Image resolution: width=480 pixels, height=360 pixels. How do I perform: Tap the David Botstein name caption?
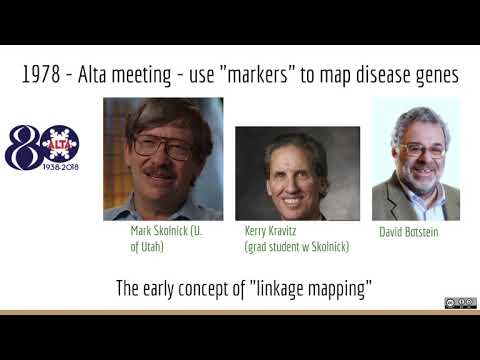click(408, 232)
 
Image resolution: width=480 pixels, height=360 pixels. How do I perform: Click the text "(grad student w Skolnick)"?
click(296, 246)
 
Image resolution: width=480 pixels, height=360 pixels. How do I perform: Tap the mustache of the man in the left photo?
click(159, 172)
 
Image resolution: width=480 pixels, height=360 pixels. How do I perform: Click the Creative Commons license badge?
click(459, 303)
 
